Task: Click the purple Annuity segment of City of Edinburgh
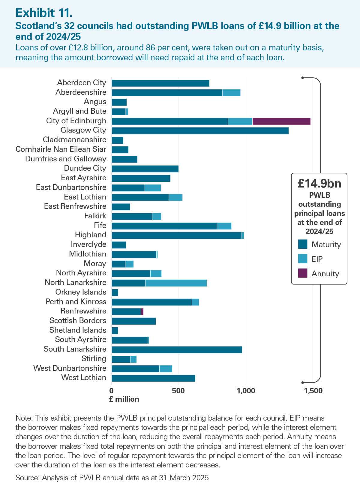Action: coord(281,121)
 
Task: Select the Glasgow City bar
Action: coord(200,131)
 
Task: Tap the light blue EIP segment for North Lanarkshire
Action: coord(176,283)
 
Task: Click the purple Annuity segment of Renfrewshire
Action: coord(142,311)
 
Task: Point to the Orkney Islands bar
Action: coord(115,292)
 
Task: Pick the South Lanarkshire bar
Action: coord(177,349)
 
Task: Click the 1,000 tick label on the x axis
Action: coord(246,391)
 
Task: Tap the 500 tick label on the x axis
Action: coord(178,391)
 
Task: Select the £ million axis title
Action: coord(124,399)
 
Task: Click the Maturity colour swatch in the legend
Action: coord(303,244)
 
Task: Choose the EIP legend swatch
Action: coord(303,259)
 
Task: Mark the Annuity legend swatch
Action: coord(303,273)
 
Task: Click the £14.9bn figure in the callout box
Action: coord(319,183)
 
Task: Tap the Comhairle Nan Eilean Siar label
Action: coord(61,149)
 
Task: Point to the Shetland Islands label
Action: coord(78,330)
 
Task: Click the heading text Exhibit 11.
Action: coord(44,13)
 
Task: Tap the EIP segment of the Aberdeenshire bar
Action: coord(231,93)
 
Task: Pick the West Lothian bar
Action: coord(153,378)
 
